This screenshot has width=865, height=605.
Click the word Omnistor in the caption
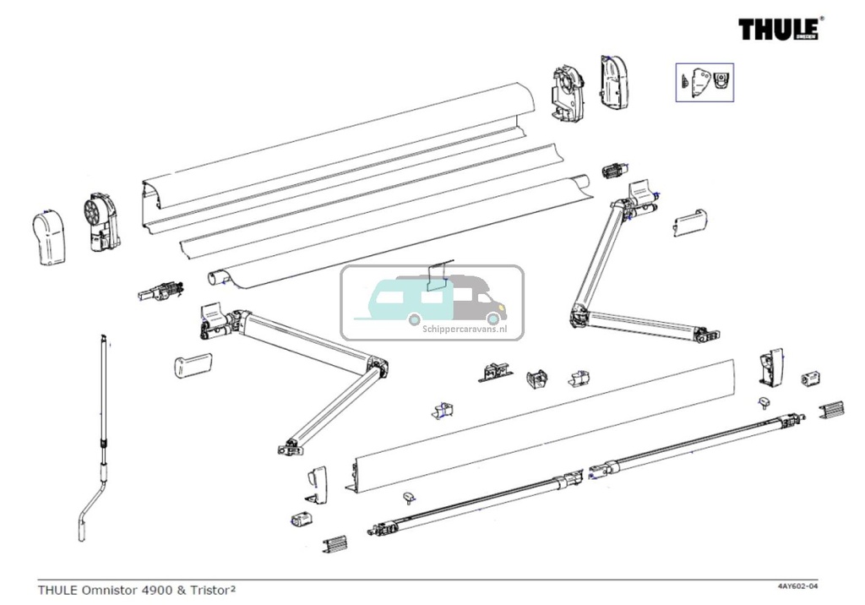point(117,588)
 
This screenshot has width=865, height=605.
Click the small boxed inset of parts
point(704,83)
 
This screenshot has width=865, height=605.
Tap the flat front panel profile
point(541,422)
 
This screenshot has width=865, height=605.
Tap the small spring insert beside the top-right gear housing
point(615,171)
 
